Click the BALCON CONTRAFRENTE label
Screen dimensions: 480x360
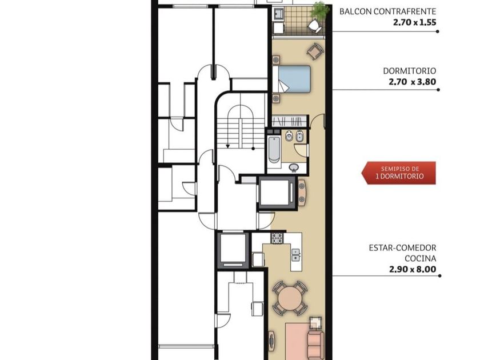[387, 11]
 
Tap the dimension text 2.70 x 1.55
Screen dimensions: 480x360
[414, 22]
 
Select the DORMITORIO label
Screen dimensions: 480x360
[409, 71]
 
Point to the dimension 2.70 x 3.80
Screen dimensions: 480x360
[413, 82]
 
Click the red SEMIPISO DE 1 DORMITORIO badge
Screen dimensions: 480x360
[399, 173]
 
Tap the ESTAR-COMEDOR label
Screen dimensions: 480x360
[402, 247]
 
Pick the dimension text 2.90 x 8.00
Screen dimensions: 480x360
[413, 269]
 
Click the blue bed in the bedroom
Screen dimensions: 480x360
[294, 79]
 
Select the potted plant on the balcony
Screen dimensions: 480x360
[319, 10]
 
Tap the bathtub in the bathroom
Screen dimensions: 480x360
[274, 150]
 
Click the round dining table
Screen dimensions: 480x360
[290, 298]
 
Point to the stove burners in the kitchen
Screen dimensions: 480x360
[277, 238]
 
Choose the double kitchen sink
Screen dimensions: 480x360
[295, 255]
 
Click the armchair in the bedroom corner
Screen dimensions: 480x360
[315, 51]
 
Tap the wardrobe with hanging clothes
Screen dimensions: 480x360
[290, 121]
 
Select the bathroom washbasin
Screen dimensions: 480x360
[294, 167]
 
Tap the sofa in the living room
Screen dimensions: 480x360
[315, 345]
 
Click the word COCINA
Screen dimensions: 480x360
[421, 258]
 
